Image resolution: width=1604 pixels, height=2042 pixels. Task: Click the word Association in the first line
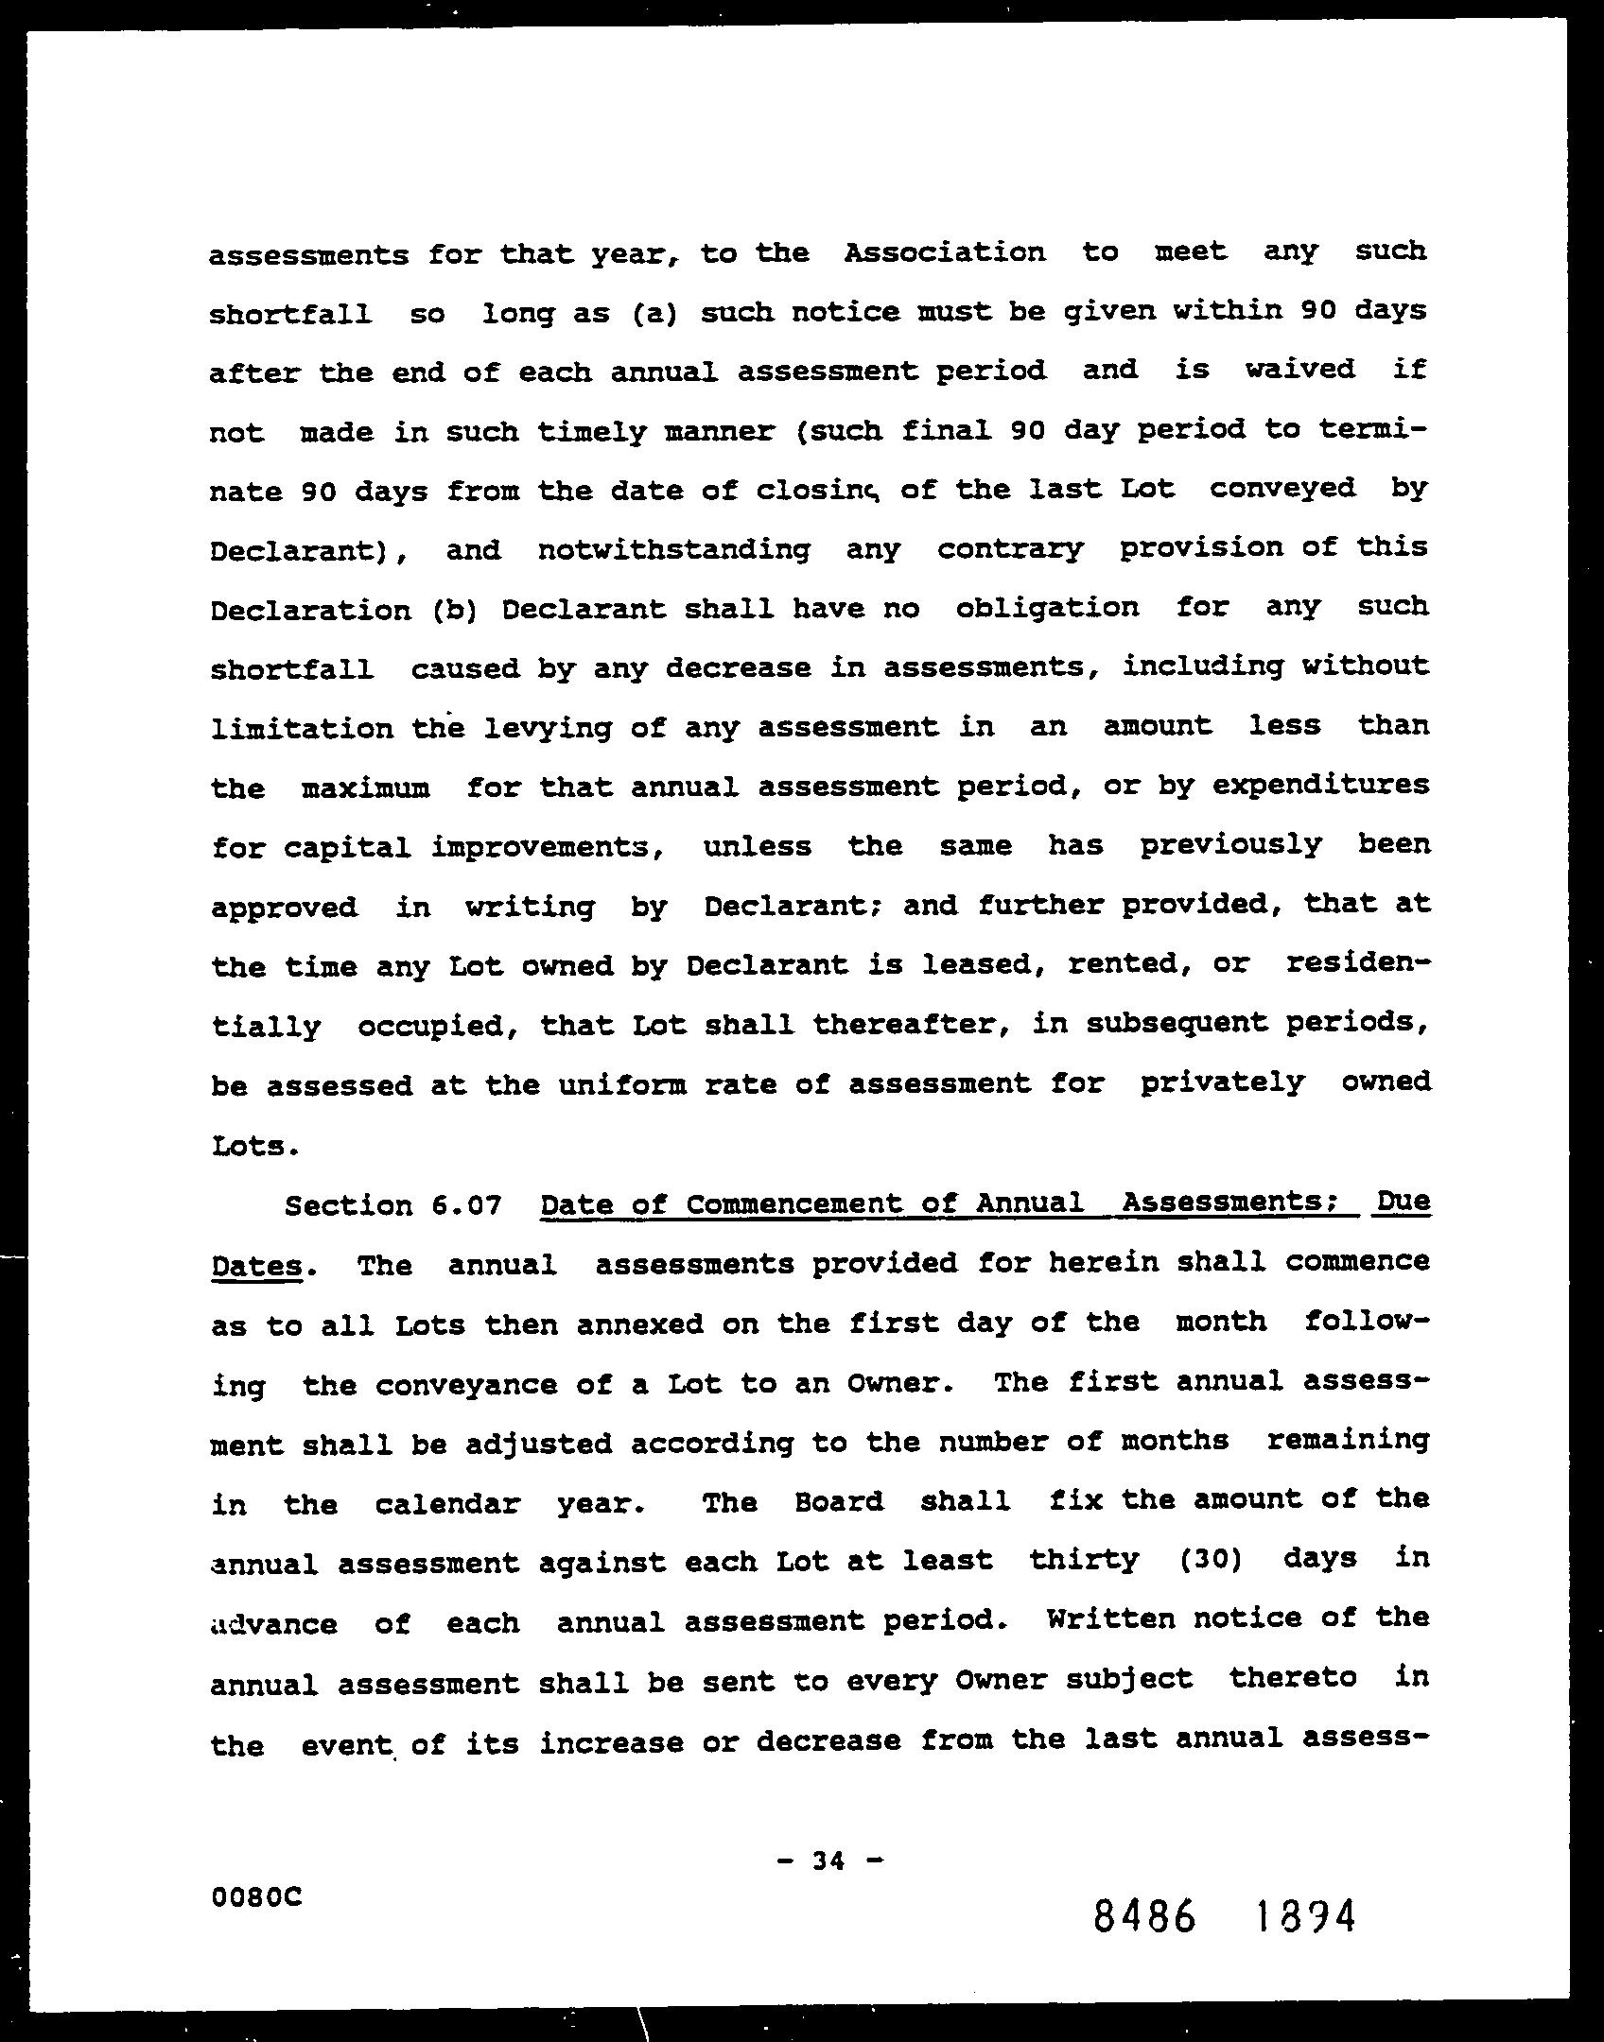[945, 253]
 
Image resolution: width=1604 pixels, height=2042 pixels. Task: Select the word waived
[1299, 369]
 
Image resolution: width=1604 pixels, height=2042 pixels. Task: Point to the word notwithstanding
[673, 549]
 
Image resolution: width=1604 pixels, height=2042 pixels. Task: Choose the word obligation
[1048, 607]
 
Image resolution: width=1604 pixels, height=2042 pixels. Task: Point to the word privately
[1222, 1083]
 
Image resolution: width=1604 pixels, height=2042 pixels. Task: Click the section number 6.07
[465, 1206]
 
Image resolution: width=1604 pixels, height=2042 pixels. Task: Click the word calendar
[447, 1503]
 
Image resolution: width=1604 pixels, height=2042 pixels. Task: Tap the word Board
[839, 1501]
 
